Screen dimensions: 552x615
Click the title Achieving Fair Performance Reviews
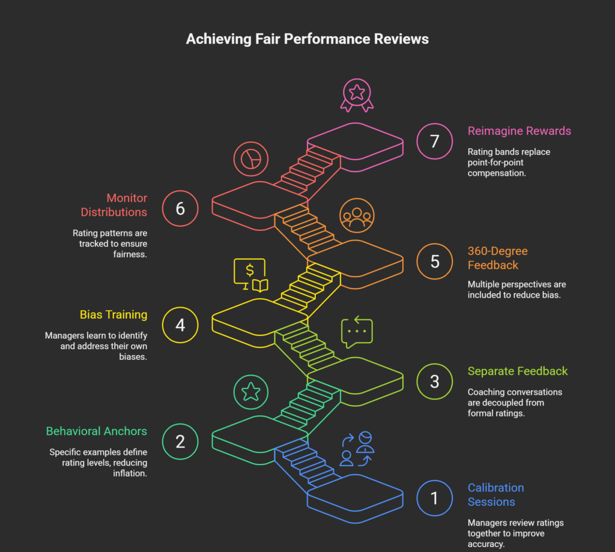307,40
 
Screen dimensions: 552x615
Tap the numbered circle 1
434,499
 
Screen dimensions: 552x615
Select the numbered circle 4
180,325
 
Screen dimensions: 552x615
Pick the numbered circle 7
434,142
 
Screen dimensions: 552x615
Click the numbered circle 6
180,208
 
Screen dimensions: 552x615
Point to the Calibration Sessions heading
495,494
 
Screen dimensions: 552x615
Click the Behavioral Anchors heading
97,431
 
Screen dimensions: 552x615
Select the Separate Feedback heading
518,371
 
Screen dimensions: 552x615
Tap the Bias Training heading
114,314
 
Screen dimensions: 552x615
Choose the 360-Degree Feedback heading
497,258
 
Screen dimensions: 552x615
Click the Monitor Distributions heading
114,205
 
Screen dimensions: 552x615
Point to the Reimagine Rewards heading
519,131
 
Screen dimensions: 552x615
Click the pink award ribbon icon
357,97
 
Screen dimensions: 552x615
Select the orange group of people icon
357,215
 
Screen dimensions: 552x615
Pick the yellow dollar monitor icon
251,275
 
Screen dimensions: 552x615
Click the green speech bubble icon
357,332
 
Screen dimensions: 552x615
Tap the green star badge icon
251,392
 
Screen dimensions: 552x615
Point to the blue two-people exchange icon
357,449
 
